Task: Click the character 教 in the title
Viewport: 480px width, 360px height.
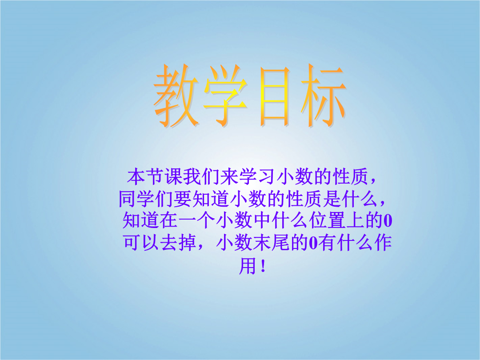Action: click(x=176, y=96)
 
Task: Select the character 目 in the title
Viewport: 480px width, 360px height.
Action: click(x=274, y=96)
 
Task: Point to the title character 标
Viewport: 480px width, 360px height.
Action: click(x=324, y=96)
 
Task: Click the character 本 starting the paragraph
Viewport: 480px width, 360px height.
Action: click(x=136, y=176)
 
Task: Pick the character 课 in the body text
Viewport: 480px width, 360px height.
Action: click(x=174, y=176)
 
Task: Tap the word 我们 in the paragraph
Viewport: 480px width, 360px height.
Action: click(x=201, y=176)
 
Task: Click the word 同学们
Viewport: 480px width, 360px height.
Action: click(x=146, y=199)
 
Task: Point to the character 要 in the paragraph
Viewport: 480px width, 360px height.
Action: click(x=183, y=199)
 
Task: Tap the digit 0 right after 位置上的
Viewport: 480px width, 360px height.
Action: click(x=388, y=221)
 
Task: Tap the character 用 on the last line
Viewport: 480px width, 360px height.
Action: click(x=248, y=265)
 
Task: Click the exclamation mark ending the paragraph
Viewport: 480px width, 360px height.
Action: click(x=263, y=266)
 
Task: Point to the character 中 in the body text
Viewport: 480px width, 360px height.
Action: click(x=262, y=220)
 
